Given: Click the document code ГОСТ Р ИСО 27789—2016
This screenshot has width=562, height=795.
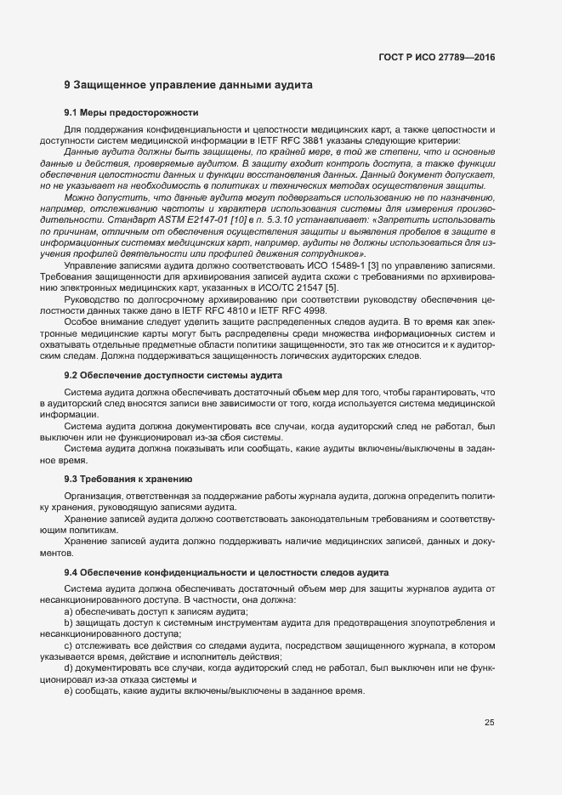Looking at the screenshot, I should coord(437,57).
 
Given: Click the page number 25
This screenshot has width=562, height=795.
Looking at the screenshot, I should coord(489,724).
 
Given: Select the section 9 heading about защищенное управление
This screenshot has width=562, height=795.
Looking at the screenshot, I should coord(189,85).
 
